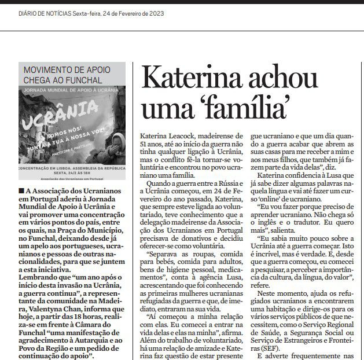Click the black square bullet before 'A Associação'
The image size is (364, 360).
(x=21, y=190)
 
